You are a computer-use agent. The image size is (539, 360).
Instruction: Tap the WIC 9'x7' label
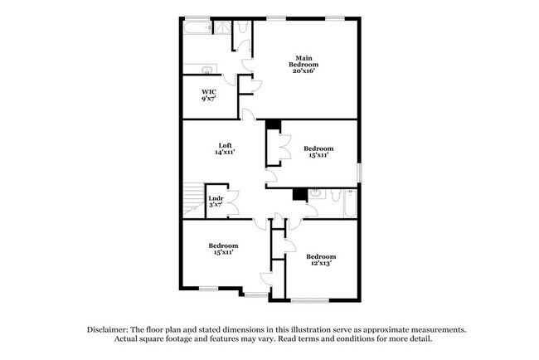pos(209,95)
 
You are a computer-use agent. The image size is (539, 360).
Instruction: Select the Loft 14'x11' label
pos(225,149)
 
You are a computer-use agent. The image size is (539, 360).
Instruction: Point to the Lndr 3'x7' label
pos(216,202)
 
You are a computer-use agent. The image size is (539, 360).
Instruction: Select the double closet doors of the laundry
pos(233,203)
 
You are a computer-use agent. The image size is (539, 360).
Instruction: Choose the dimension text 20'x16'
pos(303,71)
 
